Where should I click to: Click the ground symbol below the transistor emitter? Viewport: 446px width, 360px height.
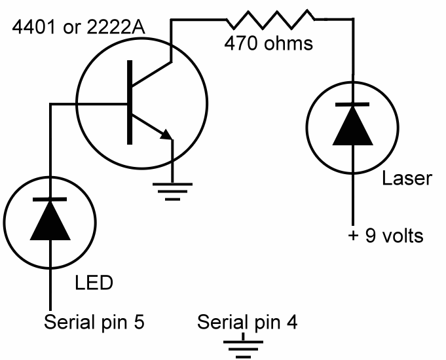pos(172,187)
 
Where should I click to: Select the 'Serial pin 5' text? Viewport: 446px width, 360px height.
pos(94,322)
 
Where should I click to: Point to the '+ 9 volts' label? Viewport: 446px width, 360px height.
pos(385,234)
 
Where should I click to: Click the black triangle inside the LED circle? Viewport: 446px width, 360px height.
pos(50,222)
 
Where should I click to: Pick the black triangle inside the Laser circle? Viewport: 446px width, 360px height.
pos(353,128)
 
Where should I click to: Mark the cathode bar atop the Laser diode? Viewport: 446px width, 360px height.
pos(353,105)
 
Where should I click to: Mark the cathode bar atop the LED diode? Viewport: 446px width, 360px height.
pos(50,199)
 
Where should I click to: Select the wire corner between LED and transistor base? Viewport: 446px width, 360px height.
pos(50,103)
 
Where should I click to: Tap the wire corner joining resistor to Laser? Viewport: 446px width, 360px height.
pos(353,20)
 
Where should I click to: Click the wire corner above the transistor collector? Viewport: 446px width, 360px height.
pos(172,20)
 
